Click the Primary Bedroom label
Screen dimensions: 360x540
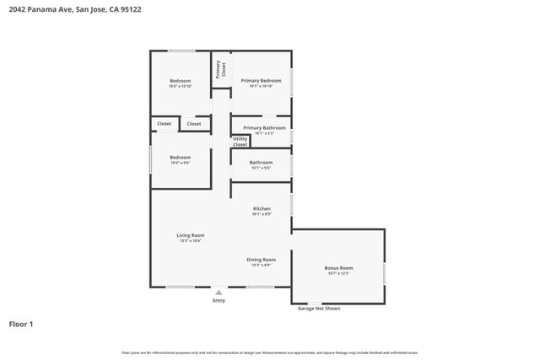(x=261, y=81)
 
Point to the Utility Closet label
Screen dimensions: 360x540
(x=240, y=142)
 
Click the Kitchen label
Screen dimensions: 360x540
(x=262, y=208)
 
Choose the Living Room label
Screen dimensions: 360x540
(x=190, y=235)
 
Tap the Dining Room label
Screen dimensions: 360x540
(x=261, y=260)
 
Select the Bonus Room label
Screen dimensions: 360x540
(x=338, y=268)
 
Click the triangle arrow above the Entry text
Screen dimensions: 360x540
(x=219, y=293)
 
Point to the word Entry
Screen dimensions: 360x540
(x=219, y=300)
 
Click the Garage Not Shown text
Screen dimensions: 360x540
(x=319, y=309)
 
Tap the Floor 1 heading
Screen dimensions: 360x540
(x=21, y=324)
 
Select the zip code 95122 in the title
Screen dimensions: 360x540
(x=132, y=10)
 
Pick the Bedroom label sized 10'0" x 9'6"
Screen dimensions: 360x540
(x=180, y=158)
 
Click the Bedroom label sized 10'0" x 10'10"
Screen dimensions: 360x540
(x=180, y=81)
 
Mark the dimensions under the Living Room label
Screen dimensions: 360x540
(x=190, y=241)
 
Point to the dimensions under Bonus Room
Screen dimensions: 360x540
(x=338, y=274)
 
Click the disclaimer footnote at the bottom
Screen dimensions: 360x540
(x=269, y=352)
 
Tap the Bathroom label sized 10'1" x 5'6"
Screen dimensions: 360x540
(x=261, y=163)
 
